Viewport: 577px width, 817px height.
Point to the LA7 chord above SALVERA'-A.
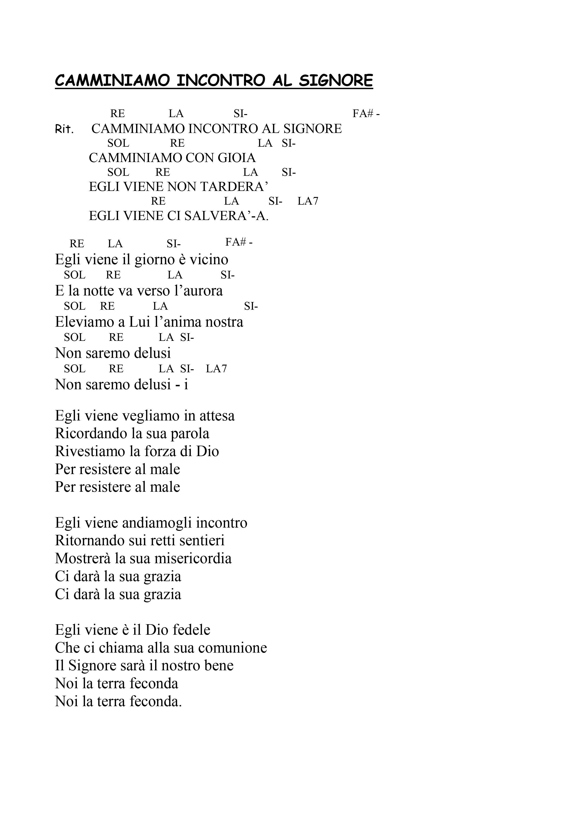pos(308,201)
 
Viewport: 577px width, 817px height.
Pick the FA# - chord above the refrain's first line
pos(366,114)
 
